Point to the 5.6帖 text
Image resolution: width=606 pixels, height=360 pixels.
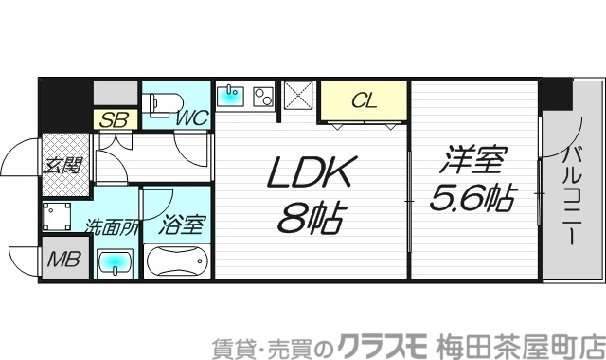(x=474, y=199)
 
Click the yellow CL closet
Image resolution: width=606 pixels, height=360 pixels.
(x=364, y=100)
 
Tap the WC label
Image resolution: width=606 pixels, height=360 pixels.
(x=193, y=119)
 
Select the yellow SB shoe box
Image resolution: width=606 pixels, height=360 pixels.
(x=115, y=120)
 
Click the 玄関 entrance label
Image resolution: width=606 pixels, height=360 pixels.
(x=62, y=164)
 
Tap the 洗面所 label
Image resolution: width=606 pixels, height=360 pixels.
(x=114, y=227)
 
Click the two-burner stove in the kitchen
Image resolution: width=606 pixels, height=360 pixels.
(x=262, y=96)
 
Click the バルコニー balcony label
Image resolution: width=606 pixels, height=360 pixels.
(x=572, y=194)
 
